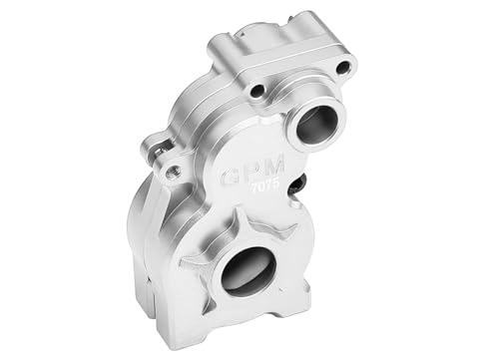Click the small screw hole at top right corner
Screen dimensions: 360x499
pyautogui.click(x=343, y=68)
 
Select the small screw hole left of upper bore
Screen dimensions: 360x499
pyautogui.click(x=257, y=91)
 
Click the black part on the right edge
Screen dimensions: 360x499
pyautogui.click(x=300, y=184)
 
